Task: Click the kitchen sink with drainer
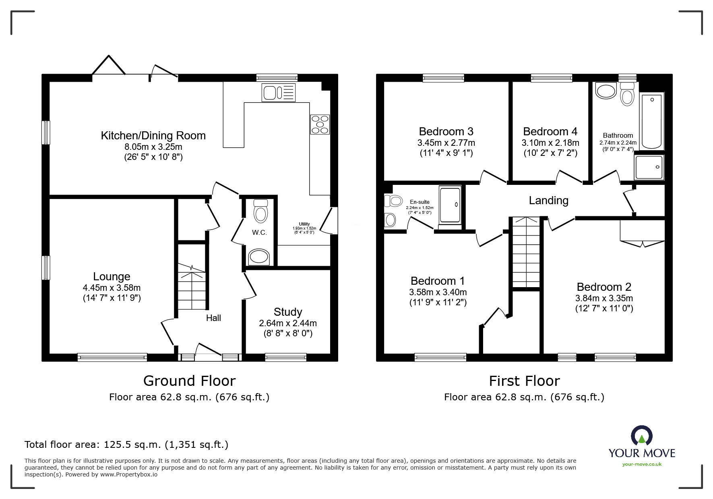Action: click(x=279, y=92)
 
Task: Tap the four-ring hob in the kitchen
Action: click(x=320, y=124)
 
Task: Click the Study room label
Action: click(x=288, y=312)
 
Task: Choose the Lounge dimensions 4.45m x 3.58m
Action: click(x=112, y=288)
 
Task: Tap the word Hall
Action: click(x=213, y=318)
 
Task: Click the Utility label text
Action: click(x=304, y=224)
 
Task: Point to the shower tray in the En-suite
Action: click(x=450, y=205)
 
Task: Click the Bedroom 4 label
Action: click(x=550, y=132)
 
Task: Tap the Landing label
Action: click(x=548, y=201)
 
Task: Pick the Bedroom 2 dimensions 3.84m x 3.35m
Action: click(x=604, y=298)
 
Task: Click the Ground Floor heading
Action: click(x=189, y=381)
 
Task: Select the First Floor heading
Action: click(x=524, y=381)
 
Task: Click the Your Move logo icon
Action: click(x=641, y=436)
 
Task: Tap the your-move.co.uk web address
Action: click(x=642, y=464)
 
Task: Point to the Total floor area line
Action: click(x=126, y=445)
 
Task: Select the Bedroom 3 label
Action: click(x=446, y=132)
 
